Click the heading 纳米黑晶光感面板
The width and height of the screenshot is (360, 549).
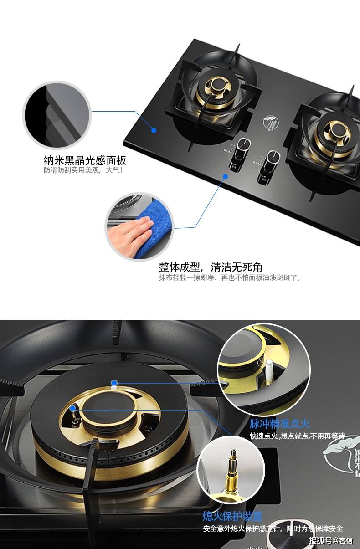(85, 160)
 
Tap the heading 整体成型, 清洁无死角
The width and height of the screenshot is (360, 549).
(211, 267)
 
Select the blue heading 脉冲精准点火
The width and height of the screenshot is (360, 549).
(280, 424)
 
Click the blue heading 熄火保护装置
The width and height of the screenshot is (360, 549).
(233, 516)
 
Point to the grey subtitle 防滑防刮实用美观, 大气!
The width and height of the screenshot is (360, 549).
(83, 170)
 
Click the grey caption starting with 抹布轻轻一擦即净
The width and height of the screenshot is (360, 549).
(230, 277)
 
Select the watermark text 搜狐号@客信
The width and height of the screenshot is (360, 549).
(331, 541)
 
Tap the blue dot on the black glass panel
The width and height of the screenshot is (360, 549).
(154, 130)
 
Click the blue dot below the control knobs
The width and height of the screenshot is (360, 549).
(225, 176)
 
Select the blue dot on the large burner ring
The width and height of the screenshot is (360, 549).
(114, 382)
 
